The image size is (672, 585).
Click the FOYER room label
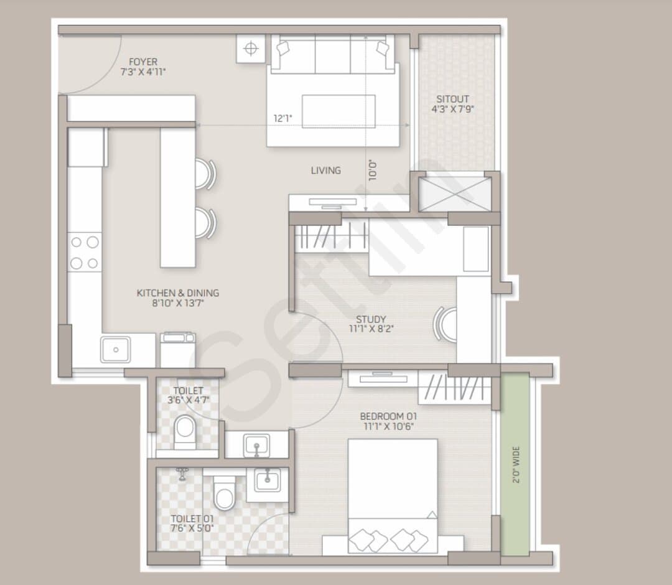[x=143, y=62]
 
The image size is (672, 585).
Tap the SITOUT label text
[x=452, y=99]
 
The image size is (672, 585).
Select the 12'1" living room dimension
[x=283, y=118]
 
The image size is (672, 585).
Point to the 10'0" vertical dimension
[x=373, y=170]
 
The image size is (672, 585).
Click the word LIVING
[x=326, y=171]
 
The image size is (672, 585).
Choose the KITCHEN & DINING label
[x=178, y=293]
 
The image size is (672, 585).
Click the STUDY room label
[x=371, y=319]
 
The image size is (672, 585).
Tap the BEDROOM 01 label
[x=388, y=416]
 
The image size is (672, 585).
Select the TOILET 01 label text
[x=192, y=519]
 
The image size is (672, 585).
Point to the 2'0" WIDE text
[x=516, y=464]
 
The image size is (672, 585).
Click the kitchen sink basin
[x=116, y=350]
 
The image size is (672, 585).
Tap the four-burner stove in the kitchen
[x=85, y=253]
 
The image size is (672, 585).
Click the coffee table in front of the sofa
[x=338, y=111]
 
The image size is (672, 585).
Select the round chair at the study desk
[x=444, y=324]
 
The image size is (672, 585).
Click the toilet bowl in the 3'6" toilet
[x=185, y=431]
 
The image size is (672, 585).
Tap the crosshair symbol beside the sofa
[x=251, y=49]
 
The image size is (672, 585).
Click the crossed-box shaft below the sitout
[x=455, y=194]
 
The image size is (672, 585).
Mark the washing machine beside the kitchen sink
[x=178, y=349]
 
